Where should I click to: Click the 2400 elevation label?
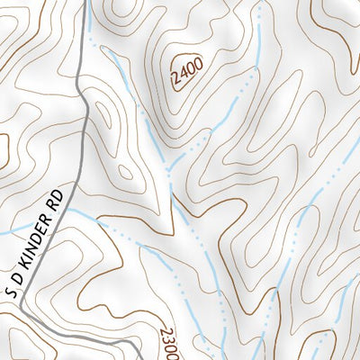185,69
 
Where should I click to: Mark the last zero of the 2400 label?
195,61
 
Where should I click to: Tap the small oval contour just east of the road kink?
105,119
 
